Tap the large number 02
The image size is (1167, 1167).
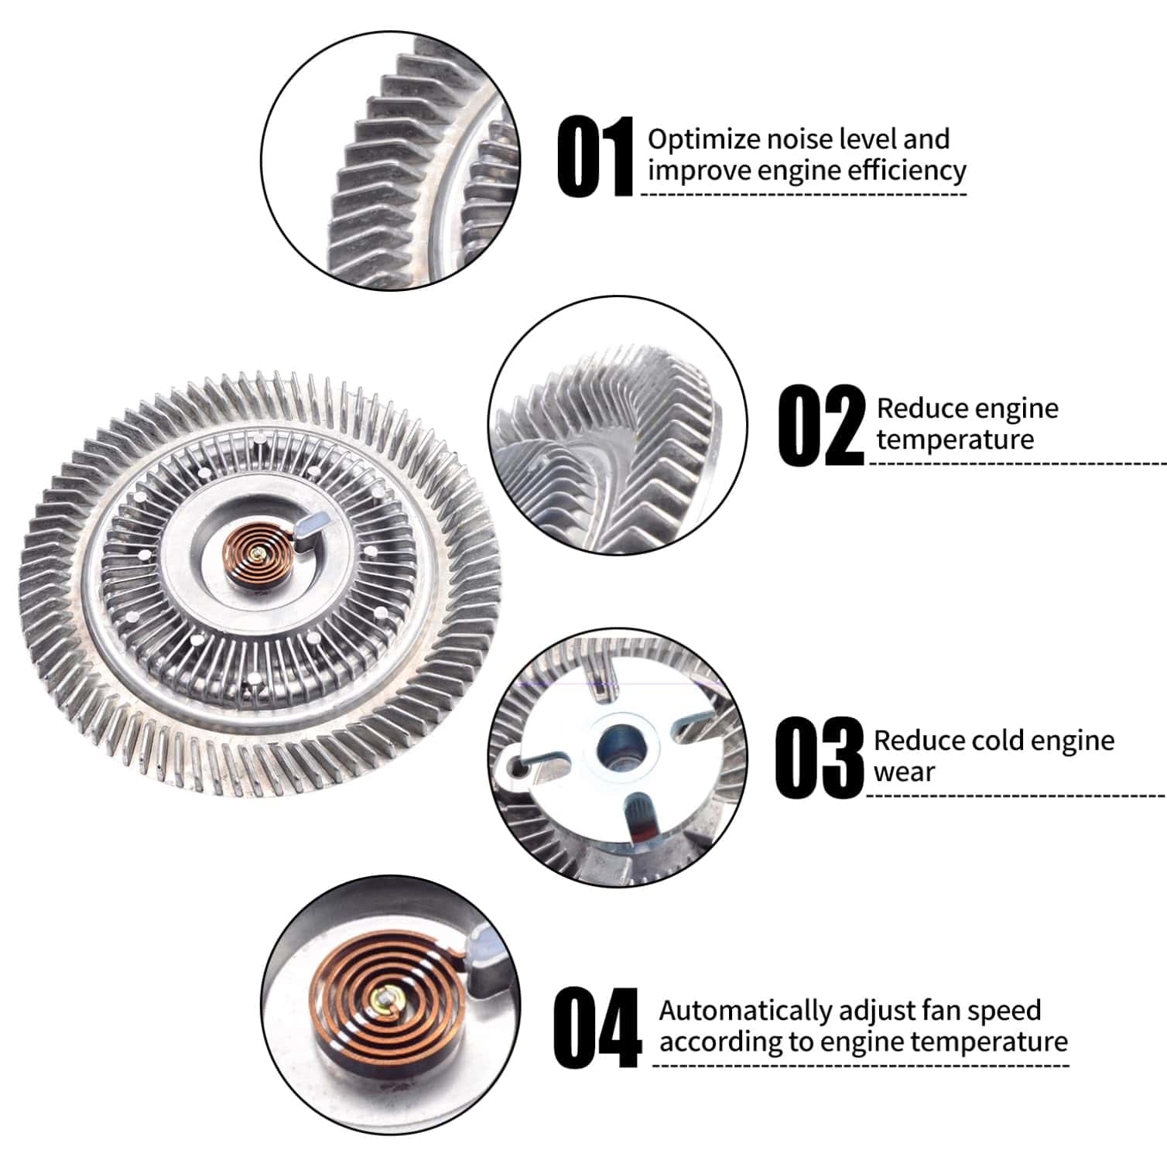tap(821, 426)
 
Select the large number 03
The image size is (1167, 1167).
tap(819, 757)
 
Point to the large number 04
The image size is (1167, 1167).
tap(597, 1028)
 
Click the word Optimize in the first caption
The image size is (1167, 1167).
tap(703, 139)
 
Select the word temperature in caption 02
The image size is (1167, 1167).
tap(955, 440)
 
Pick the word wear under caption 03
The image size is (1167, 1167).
tap(904, 772)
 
